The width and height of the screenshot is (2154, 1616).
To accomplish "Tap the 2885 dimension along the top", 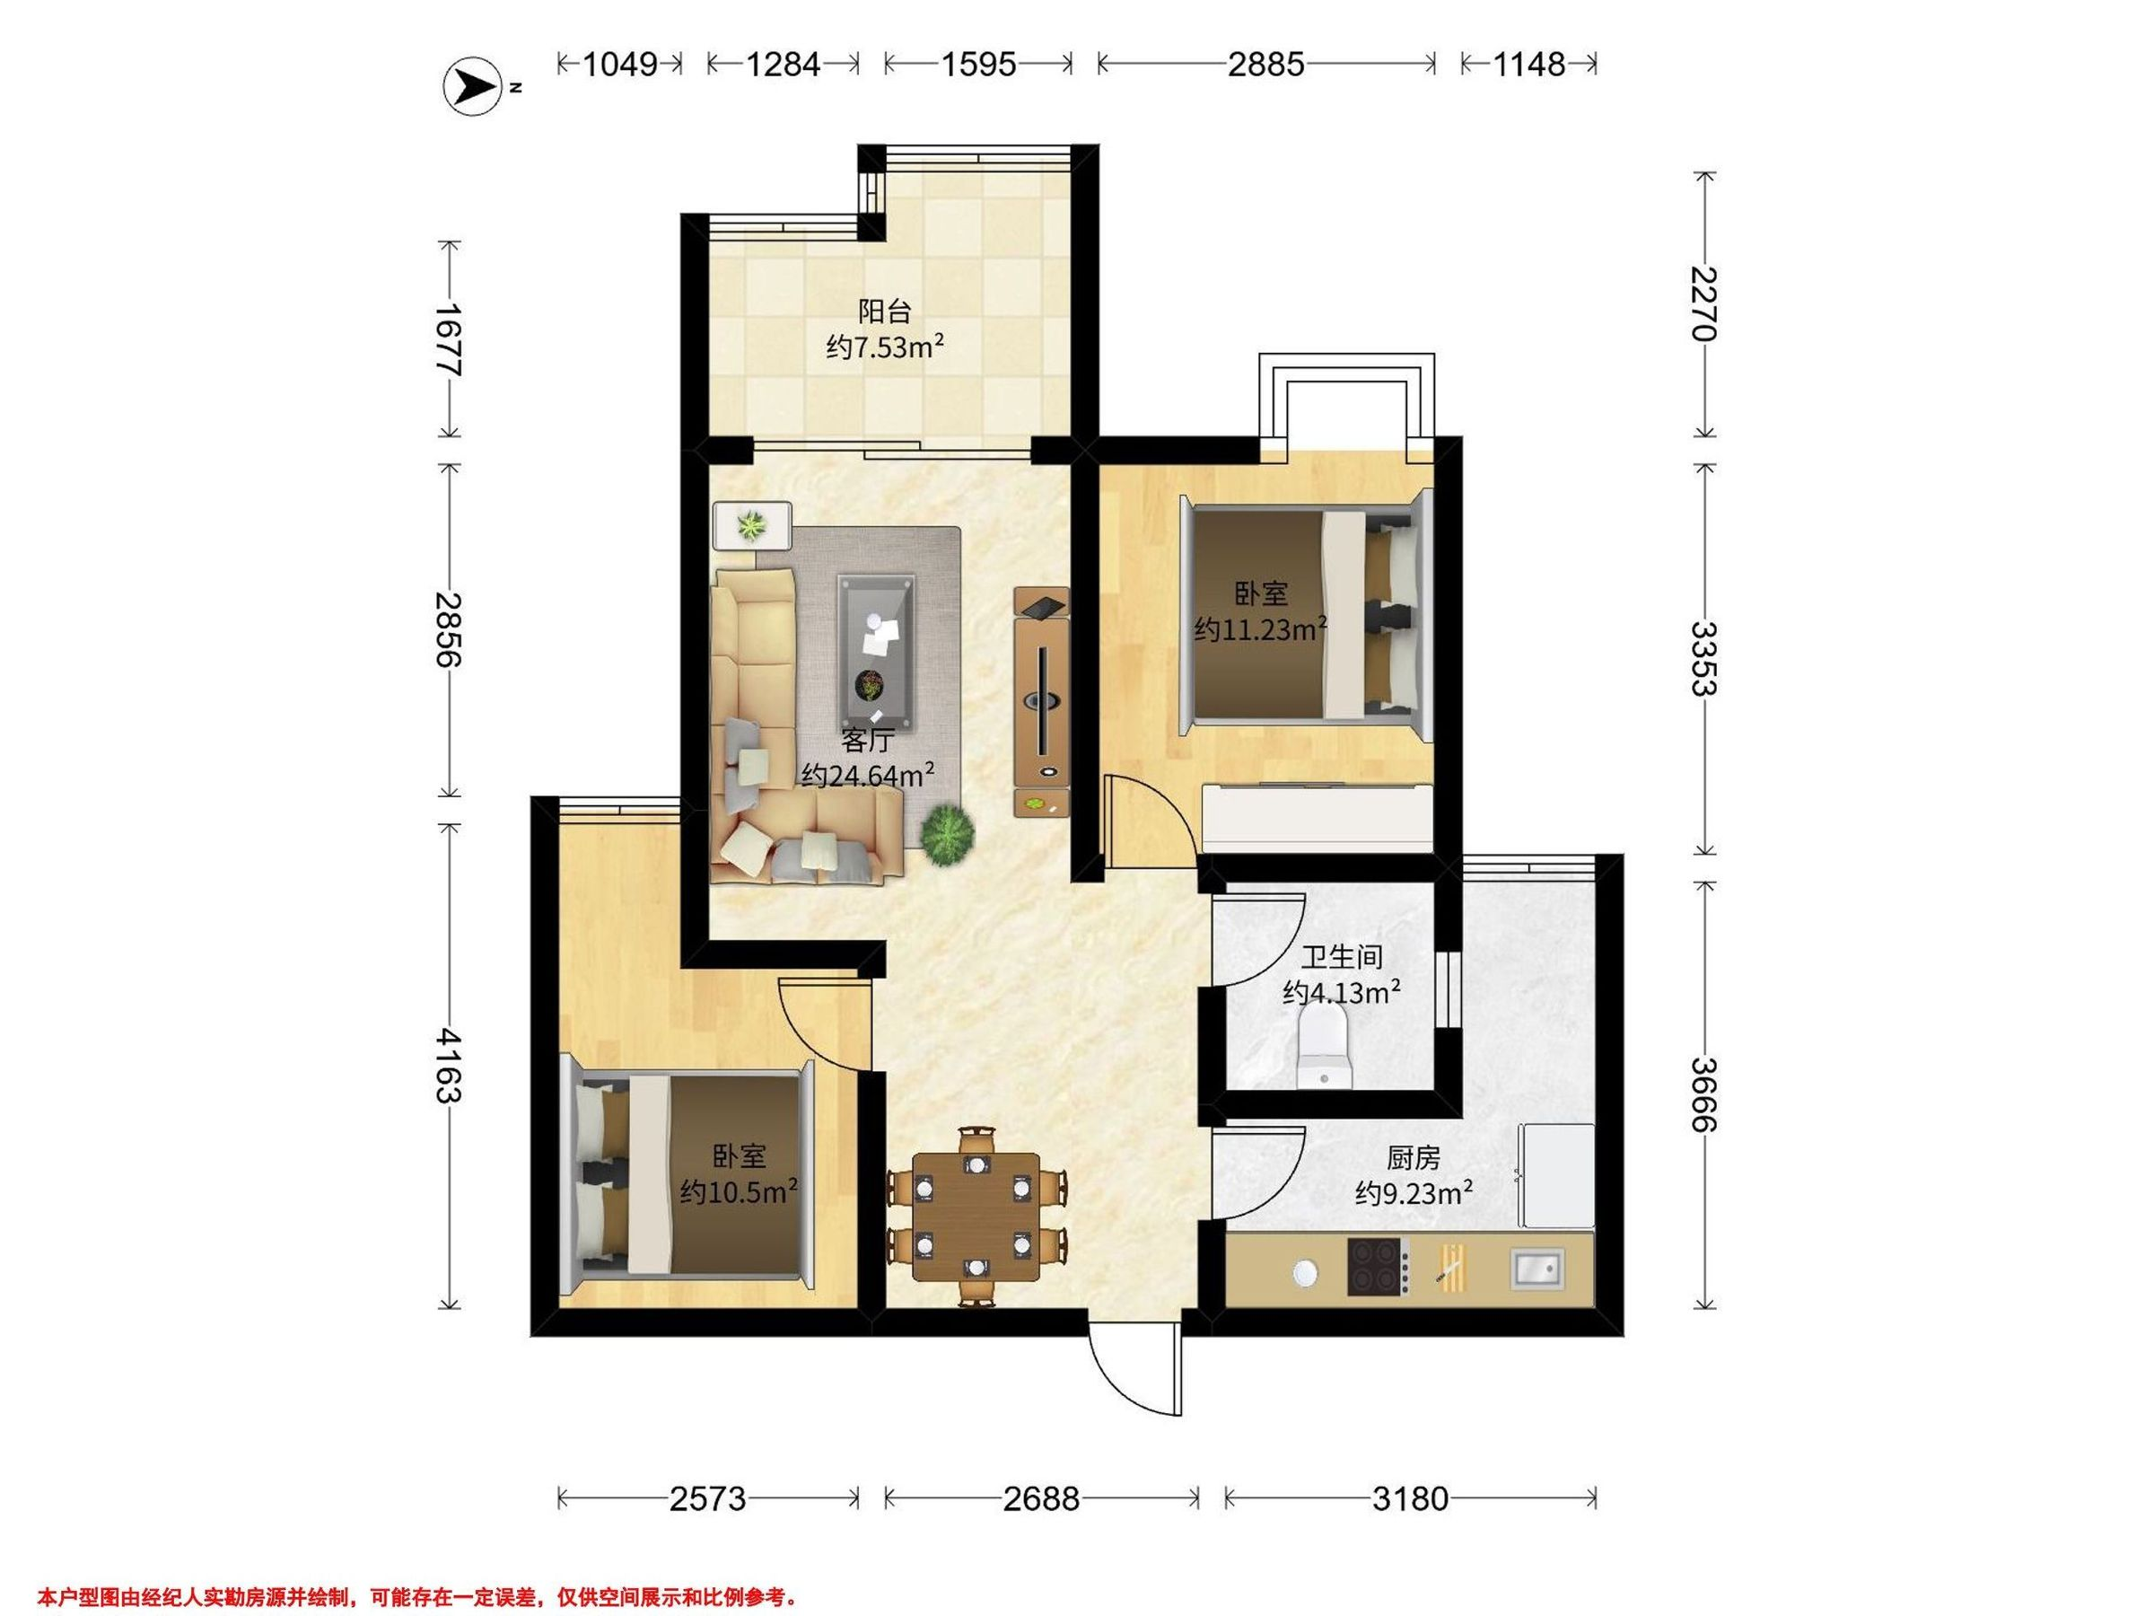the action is pos(1265,65).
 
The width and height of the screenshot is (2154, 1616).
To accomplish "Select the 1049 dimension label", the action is pos(620,65).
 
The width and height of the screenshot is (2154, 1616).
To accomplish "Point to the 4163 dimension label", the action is pos(449,1065).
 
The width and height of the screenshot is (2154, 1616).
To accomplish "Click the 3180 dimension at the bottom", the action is pos(1410,1497).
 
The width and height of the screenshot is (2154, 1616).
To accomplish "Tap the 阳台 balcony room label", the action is pos(884,312).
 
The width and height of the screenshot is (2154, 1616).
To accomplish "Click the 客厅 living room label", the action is pos(867,741).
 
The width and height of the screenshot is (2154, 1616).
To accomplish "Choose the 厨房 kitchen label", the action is pos(1413,1157).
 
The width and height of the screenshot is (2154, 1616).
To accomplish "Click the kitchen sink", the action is pos(1537,1269).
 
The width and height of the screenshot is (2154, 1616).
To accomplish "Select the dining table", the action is pos(976,1216).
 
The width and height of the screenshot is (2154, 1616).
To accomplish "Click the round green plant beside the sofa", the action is pos(948,834).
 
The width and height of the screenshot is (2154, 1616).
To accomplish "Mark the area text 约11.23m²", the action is pos(1261,629).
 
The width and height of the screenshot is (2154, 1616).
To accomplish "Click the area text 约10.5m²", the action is pos(740,1191).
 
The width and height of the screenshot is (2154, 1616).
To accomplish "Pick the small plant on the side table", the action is pos(751,526).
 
